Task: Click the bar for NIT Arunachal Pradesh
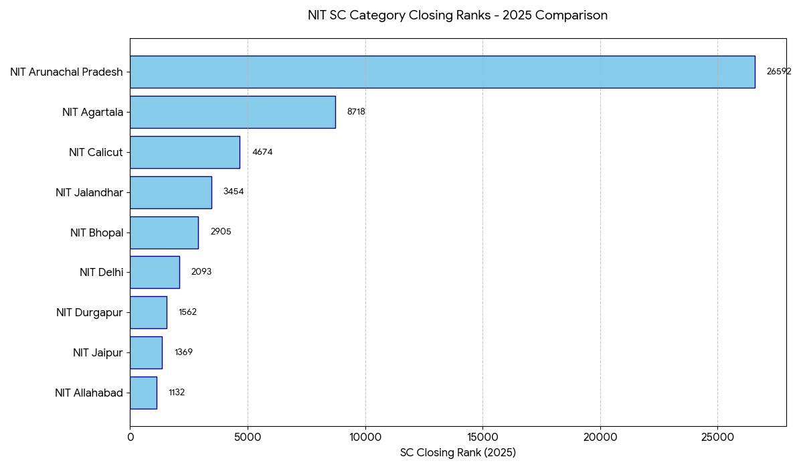click(442, 72)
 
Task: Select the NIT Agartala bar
click(232, 112)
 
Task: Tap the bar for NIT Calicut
click(185, 152)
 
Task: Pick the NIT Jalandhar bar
click(171, 192)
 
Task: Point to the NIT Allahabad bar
click(143, 393)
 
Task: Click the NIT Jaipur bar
click(146, 352)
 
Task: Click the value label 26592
click(778, 72)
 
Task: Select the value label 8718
click(356, 112)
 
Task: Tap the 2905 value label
click(221, 232)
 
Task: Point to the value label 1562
click(187, 312)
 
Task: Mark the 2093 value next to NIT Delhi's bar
click(201, 272)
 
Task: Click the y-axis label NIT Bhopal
click(96, 232)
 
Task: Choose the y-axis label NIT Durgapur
click(90, 313)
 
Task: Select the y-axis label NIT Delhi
click(101, 273)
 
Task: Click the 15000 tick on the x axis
click(482, 438)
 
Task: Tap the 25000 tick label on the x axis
click(717, 438)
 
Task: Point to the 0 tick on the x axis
click(130, 438)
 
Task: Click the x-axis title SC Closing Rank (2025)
click(458, 453)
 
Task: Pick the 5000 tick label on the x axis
click(248, 438)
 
